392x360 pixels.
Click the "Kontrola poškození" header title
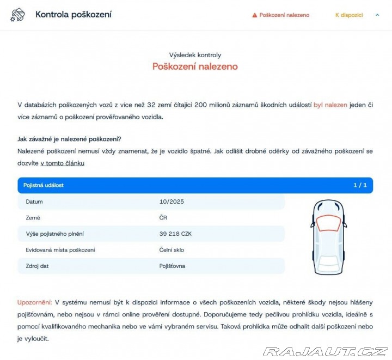73,15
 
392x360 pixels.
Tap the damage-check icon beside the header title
17,15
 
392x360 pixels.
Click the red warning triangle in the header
254,15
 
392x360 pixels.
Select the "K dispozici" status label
349,15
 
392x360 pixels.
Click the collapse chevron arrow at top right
377,15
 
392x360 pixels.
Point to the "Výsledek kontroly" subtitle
195,55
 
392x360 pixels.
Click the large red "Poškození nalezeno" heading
195,66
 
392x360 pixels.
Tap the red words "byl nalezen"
330,104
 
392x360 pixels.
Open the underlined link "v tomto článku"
62,163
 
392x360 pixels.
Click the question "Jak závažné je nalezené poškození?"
70,139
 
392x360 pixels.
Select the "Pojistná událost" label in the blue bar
44,185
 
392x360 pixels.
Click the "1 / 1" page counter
360,185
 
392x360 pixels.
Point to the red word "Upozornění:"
35,302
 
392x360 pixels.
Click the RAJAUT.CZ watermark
325,351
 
